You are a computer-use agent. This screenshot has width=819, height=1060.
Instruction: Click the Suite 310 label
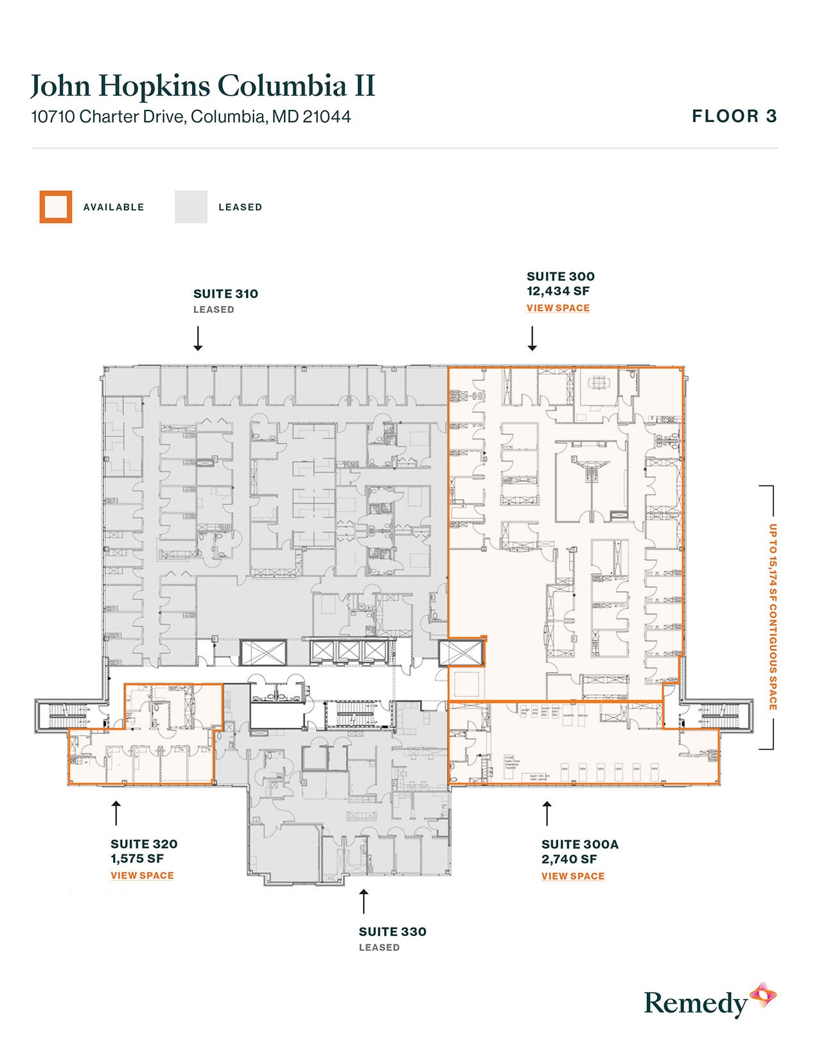click(x=225, y=294)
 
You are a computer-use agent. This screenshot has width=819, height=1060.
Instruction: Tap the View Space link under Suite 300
click(x=558, y=308)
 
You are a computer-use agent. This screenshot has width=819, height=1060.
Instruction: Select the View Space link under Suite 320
click(x=142, y=876)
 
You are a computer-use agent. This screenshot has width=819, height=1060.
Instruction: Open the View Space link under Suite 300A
click(x=572, y=876)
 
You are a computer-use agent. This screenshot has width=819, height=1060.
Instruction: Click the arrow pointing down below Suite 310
click(x=198, y=339)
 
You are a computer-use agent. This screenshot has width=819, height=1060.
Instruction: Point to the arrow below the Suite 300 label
click(x=532, y=339)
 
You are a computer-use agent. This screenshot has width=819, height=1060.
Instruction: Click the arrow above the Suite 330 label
click(x=364, y=901)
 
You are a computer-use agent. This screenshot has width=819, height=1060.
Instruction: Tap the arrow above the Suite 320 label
click(x=116, y=813)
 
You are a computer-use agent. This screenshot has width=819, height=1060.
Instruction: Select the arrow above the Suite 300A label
click(x=547, y=813)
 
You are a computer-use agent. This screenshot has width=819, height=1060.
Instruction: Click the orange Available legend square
click(x=56, y=207)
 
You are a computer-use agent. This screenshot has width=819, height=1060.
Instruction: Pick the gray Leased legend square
click(x=191, y=207)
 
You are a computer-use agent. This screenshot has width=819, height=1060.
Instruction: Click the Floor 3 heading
click(x=734, y=116)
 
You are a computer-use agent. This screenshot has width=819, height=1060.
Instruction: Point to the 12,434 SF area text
click(x=558, y=291)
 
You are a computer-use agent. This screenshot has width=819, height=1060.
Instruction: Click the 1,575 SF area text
click(x=137, y=859)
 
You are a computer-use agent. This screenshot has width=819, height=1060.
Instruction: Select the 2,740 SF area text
click(x=568, y=860)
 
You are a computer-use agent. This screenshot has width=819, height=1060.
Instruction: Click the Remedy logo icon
click(x=763, y=996)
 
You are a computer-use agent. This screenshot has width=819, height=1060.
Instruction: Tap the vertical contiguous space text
click(x=773, y=617)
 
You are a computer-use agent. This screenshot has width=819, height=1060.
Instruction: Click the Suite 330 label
click(x=392, y=932)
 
